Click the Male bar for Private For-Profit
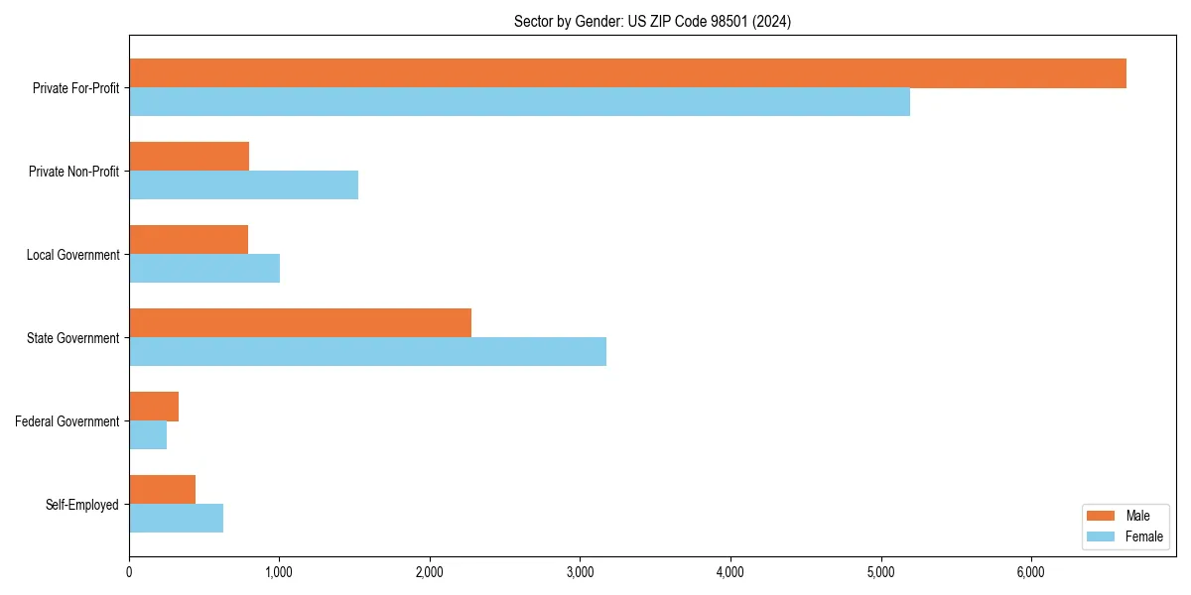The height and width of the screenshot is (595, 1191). [627, 73]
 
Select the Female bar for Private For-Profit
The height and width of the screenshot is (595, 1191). [519, 102]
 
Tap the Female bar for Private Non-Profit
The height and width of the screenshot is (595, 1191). [243, 185]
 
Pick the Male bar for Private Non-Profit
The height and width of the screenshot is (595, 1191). [189, 157]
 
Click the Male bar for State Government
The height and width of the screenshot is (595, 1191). [300, 323]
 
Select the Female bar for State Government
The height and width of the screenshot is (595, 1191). [367, 352]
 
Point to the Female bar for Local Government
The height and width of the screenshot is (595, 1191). [204, 269]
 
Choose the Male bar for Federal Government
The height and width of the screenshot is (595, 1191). [154, 407]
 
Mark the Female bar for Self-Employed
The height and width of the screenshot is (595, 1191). [176, 519]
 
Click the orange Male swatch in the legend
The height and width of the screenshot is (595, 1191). [1102, 516]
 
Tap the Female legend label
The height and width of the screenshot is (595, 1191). [1144, 536]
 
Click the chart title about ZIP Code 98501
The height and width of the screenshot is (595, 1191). [652, 21]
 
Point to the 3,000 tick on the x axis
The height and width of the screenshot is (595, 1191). [580, 572]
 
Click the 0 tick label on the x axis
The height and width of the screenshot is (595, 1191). [129, 572]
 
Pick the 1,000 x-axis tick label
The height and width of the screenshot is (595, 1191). [279, 572]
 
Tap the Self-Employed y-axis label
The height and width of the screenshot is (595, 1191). [82, 505]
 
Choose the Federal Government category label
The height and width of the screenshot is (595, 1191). [67, 421]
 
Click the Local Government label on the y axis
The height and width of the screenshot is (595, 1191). [72, 255]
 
